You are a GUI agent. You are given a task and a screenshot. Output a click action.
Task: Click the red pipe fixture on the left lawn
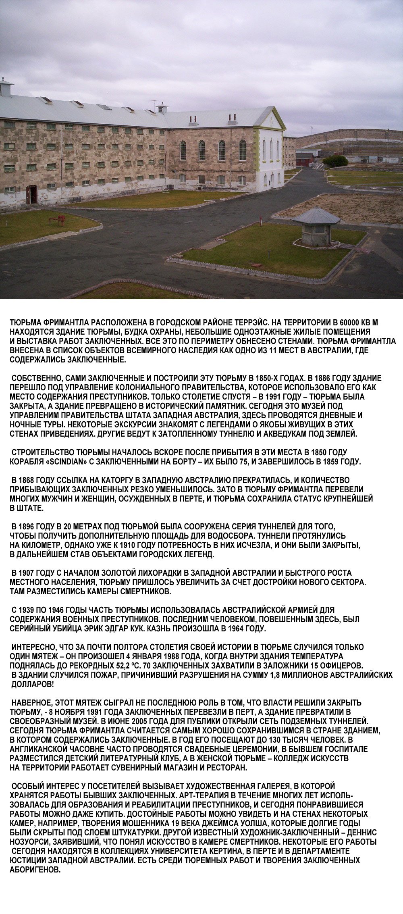[x=57, y=220]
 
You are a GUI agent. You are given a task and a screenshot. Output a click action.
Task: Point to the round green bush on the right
[x=335, y=160]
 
